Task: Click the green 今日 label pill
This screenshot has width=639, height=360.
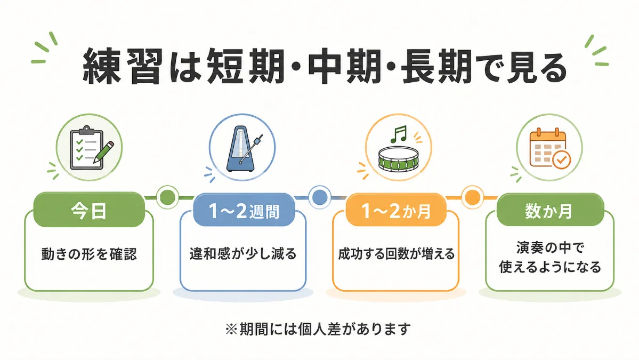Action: click(89, 210)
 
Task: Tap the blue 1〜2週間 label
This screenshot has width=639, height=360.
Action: click(244, 210)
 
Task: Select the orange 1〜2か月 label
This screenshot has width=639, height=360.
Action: click(396, 210)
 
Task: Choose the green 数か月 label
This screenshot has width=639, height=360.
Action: click(550, 210)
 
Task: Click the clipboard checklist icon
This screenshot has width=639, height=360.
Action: click(87, 148)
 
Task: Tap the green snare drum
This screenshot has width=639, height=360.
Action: click(399, 159)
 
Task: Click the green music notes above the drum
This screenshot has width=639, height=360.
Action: click(399, 134)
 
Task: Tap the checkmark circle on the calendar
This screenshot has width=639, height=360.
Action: click(561, 160)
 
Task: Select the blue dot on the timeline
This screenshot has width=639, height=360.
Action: click(320, 197)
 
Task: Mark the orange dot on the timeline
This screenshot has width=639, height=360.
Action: click(472, 197)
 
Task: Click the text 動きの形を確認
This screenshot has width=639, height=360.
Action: click(89, 254)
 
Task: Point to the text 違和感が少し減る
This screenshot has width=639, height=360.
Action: click(243, 254)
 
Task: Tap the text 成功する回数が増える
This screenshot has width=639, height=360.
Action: click(396, 254)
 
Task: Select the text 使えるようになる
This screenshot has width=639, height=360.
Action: click(550, 267)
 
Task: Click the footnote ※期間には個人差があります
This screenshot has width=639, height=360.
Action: click(318, 329)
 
